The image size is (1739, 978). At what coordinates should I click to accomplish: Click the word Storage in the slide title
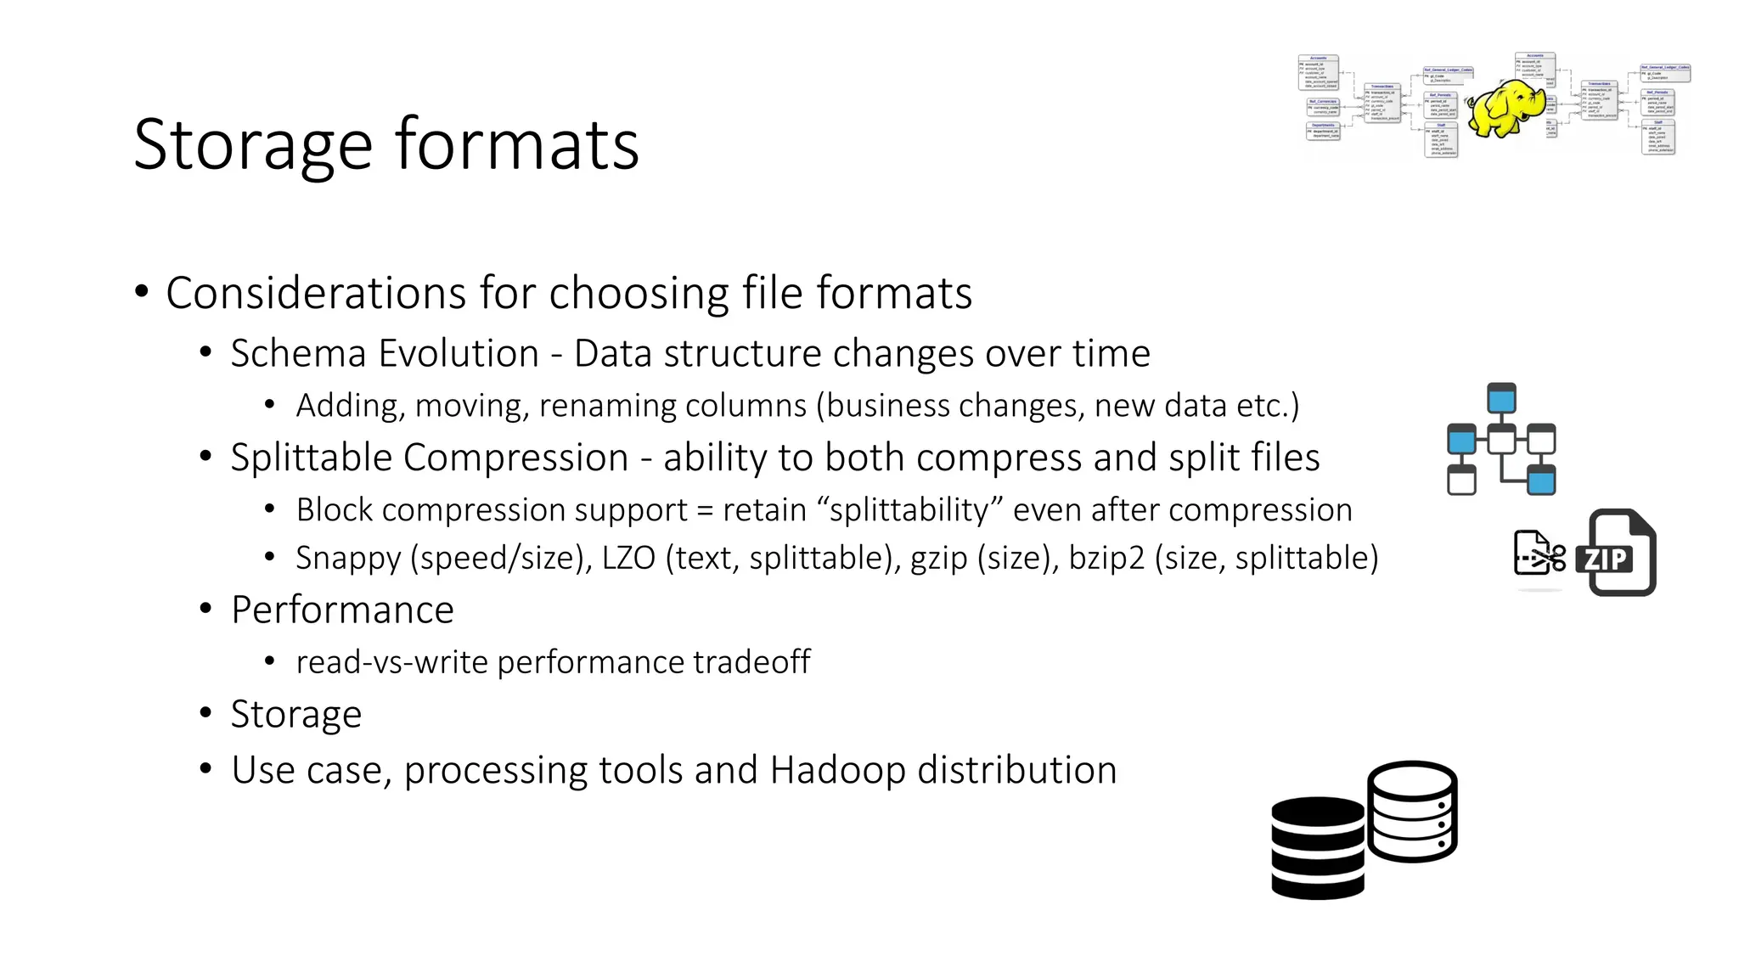(253, 145)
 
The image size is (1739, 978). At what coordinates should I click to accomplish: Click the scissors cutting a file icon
(1539, 553)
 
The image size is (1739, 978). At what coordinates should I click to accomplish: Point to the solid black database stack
(1317, 847)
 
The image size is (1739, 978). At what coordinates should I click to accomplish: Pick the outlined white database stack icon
(1412, 812)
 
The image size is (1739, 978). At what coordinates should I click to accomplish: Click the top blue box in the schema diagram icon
(1501, 398)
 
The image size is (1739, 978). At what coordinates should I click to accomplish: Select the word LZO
(628, 558)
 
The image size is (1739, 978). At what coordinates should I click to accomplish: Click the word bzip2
(1106, 558)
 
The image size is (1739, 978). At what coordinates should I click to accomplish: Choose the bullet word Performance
(342, 610)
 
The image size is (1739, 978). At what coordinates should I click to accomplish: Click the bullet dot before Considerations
(142, 292)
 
